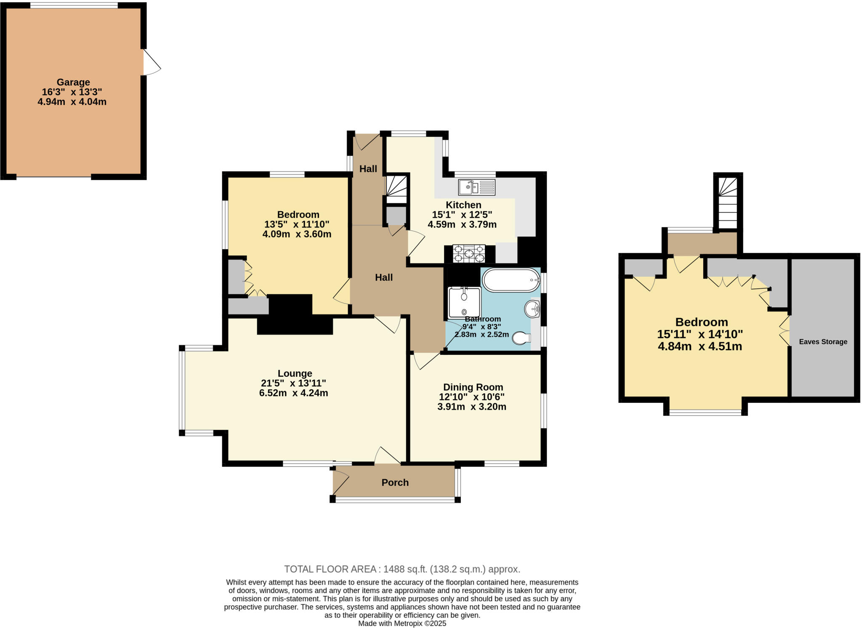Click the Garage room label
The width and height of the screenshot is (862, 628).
[x=73, y=82]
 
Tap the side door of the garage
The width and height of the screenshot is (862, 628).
[x=152, y=63]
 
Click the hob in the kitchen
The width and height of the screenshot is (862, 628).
[x=468, y=254]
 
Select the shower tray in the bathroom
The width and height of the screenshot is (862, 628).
[x=464, y=302]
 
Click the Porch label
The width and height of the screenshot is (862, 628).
[x=395, y=483]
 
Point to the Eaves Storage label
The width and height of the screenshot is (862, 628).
[x=823, y=342]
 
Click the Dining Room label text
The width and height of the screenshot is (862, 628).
[x=473, y=387]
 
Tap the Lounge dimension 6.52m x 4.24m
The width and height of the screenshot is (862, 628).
[x=293, y=393]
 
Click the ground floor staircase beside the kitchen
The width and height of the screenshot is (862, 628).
[x=396, y=190]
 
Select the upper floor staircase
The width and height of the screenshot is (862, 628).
[x=728, y=203]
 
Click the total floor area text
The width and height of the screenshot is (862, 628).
[x=402, y=569]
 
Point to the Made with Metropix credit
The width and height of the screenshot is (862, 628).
[x=402, y=623]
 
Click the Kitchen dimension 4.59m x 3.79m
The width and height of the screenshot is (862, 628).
[x=462, y=224]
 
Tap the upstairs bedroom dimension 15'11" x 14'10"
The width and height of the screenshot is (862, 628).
[x=700, y=334]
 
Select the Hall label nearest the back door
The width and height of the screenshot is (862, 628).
[x=368, y=169]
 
